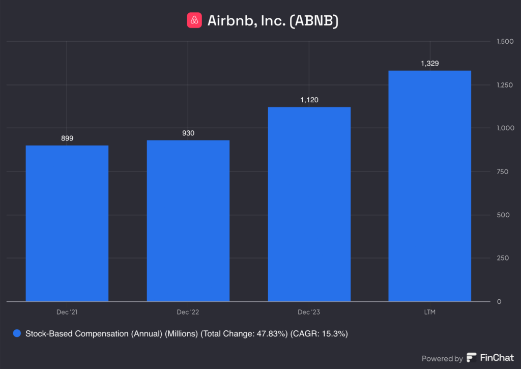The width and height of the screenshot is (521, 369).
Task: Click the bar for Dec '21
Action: coord(67,223)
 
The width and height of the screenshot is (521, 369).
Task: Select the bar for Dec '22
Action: coord(188,221)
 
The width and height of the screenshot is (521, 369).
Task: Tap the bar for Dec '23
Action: coord(309,204)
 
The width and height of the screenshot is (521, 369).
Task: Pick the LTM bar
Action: coord(429,186)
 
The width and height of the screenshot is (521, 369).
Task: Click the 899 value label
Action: coord(67,138)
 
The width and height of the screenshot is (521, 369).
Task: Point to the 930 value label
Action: coord(188,133)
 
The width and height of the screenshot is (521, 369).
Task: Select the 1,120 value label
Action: coord(309,100)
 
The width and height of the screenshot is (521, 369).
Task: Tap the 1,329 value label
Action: coord(429,64)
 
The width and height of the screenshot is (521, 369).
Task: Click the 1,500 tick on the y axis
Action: coord(505,41)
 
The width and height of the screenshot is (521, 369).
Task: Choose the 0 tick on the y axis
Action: coord(499,302)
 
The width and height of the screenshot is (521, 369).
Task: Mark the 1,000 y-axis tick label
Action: coord(505,128)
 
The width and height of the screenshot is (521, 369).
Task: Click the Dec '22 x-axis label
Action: coord(188,311)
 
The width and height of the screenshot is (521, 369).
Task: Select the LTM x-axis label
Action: coord(429,311)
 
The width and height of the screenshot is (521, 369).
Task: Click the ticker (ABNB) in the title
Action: coord(314,21)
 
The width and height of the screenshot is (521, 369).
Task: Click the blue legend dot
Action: coord(17,334)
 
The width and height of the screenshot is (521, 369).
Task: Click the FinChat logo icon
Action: coord(471,358)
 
